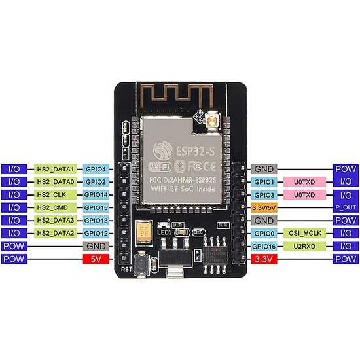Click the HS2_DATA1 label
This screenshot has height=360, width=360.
click(x=57, y=169)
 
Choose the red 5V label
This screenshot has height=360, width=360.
click(x=95, y=259)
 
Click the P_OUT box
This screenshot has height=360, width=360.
click(x=346, y=207)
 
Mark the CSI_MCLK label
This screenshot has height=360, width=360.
click(x=303, y=233)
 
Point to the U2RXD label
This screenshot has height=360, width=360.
click(x=303, y=246)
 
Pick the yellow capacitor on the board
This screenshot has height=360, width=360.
click(x=141, y=230)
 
